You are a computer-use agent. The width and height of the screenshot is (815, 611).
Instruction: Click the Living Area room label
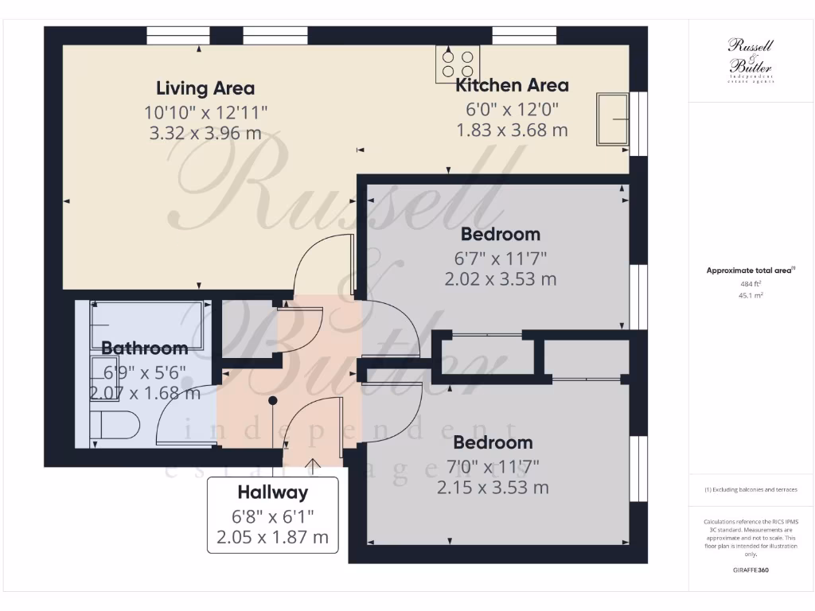[x=205, y=88]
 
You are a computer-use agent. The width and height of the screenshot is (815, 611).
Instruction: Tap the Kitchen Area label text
[x=512, y=85]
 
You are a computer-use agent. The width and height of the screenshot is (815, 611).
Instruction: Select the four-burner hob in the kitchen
[x=458, y=64]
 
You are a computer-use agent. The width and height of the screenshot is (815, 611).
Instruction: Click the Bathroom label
[x=145, y=348]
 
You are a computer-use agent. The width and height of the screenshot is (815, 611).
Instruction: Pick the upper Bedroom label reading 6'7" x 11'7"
[x=501, y=234]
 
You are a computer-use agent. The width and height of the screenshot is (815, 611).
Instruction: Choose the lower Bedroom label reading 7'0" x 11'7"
[x=493, y=442]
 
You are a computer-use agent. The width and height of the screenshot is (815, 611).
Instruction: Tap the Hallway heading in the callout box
[x=272, y=493]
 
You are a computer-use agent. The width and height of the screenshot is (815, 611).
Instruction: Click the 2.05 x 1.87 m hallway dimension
[x=272, y=537]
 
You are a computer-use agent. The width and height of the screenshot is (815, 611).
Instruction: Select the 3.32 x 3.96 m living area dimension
[x=205, y=133]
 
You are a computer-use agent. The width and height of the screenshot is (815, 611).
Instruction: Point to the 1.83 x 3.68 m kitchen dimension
[x=512, y=130]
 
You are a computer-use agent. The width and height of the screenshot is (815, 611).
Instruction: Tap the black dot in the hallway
[x=273, y=401]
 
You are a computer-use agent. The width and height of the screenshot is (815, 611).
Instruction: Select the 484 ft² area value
[x=751, y=283]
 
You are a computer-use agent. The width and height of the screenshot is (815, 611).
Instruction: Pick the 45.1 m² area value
[x=751, y=295]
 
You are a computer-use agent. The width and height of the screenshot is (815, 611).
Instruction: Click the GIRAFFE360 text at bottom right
[x=751, y=570]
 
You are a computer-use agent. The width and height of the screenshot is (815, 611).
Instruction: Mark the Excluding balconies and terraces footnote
[x=751, y=489]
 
